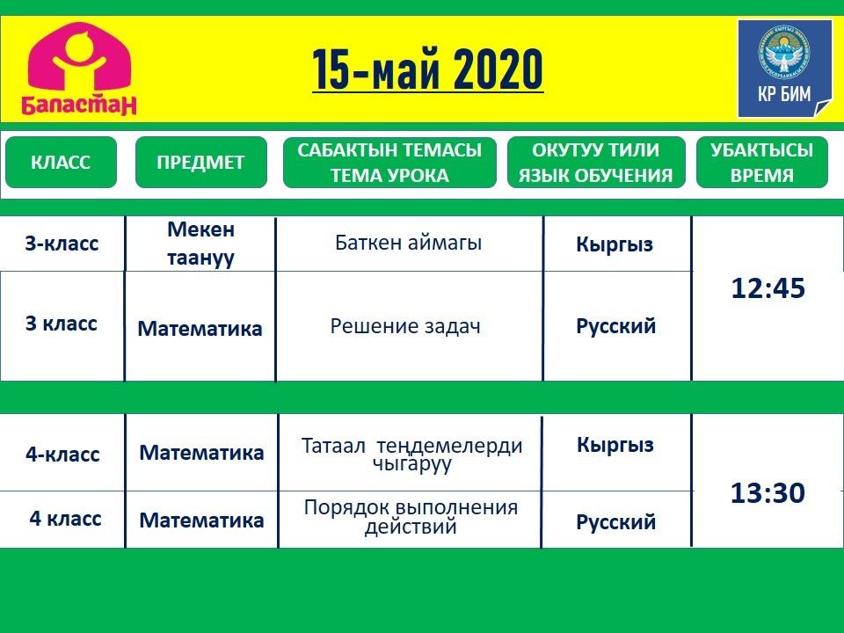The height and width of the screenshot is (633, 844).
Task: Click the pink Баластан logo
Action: [79, 69]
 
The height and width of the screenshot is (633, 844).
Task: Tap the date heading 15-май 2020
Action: [427, 69]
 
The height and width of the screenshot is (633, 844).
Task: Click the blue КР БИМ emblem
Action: [784, 69]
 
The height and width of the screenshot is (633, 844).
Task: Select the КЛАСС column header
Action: [61, 162]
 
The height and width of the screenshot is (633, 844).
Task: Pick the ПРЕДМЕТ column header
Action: [200, 162]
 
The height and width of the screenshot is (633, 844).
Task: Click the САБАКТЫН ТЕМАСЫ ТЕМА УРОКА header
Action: [389, 162]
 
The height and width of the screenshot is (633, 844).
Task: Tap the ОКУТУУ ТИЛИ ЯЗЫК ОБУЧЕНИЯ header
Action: [596, 162]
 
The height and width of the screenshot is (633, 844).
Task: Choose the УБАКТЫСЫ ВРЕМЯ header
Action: [761, 162]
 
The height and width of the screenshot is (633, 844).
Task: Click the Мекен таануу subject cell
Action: [200, 244]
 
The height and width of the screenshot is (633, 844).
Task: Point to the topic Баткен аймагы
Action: [408, 243]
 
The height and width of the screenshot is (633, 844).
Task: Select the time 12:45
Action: [768, 288]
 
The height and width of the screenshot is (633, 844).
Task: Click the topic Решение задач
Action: [405, 326]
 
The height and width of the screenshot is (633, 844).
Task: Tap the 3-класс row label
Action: [62, 244]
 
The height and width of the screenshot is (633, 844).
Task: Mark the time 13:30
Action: [768, 492]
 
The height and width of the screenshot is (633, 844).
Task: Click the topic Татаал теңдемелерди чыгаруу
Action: [411, 455]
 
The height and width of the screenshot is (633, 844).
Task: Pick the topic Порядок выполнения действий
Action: [411, 516]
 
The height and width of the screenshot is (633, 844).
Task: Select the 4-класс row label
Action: [62, 455]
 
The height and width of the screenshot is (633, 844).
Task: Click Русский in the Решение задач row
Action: [615, 326]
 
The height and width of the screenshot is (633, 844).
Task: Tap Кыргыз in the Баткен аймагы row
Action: [615, 244]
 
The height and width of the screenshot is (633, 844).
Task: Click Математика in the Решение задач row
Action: [200, 328]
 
